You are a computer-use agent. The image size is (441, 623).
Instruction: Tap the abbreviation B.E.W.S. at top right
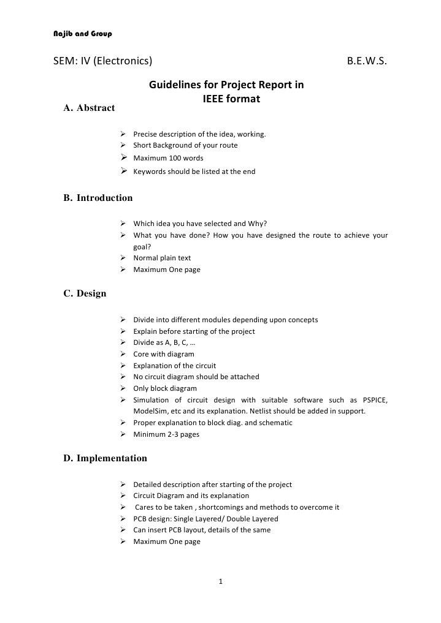point(367,61)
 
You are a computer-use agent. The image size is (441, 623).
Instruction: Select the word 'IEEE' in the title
point(213,98)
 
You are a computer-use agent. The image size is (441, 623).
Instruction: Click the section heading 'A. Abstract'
point(89,108)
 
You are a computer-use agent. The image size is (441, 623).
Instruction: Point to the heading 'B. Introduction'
point(98,198)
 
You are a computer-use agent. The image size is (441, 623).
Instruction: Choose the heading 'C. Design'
point(85,293)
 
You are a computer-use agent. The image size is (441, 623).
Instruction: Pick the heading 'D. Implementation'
point(105,458)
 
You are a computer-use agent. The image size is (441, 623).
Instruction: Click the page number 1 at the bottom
point(220,581)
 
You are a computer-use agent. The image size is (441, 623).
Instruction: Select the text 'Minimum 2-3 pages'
point(166,434)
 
